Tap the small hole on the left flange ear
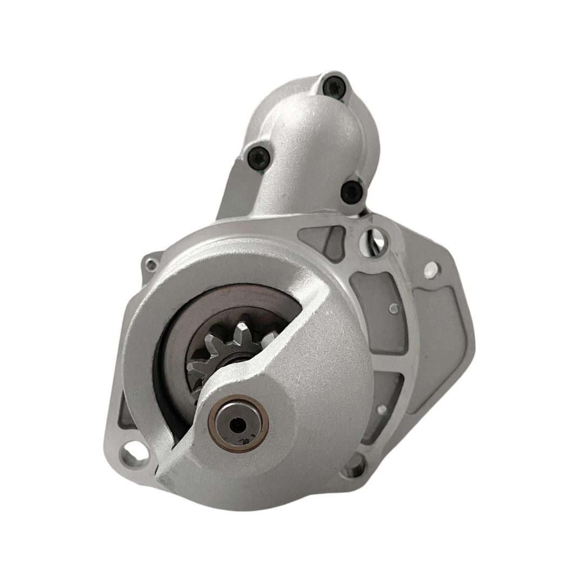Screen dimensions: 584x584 pos(151,264)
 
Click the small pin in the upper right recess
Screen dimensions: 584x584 pos(391,309)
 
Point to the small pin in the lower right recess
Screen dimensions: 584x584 pos(382,409)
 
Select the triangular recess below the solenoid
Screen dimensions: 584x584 pos(324,238)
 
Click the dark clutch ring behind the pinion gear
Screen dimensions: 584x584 pos(178,346)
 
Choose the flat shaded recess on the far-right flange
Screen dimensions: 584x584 pos(438,335)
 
